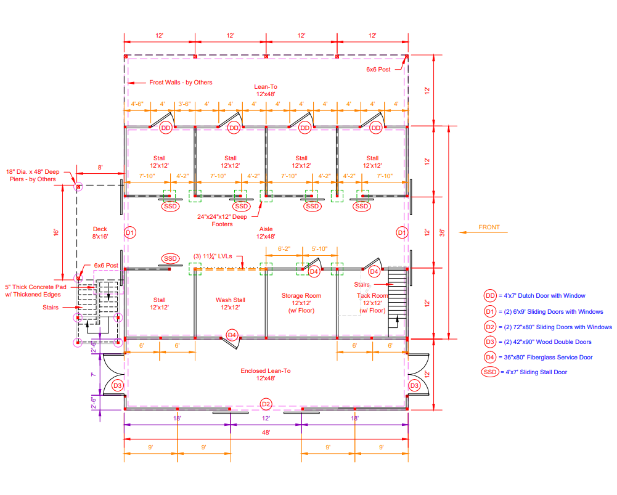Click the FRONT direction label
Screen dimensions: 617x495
click(x=489, y=227)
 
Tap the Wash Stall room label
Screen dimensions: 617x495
click(x=230, y=303)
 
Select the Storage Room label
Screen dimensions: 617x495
click(x=301, y=303)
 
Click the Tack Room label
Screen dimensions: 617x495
click(x=372, y=303)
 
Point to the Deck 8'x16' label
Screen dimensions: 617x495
click(x=100, y=232)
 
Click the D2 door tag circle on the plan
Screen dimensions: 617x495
click(x=266, y=404)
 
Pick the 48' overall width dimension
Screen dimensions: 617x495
click(x=266, y=433)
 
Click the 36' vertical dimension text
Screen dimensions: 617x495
click(x=443, y=232)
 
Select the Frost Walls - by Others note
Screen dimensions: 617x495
click(x=181, y=82)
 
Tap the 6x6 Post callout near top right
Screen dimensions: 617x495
click(x=378, y=69)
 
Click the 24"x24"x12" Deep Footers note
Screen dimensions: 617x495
click(x=222, y=220)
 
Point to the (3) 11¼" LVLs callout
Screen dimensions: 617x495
click(x=213, y=256)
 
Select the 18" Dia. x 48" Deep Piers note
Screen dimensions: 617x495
click(x=33, y=176)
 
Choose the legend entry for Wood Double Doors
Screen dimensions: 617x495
click(x=547, y=342)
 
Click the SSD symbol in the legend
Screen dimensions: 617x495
click(x=490, y=372)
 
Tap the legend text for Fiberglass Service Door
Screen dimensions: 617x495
click(x=548, y=358)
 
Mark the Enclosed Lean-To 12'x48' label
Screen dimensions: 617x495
click(x=266, y=374)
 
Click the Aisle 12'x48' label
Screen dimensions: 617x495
click(x=266, y=232)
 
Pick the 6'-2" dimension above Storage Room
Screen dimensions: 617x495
click(x=284, y=248)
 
